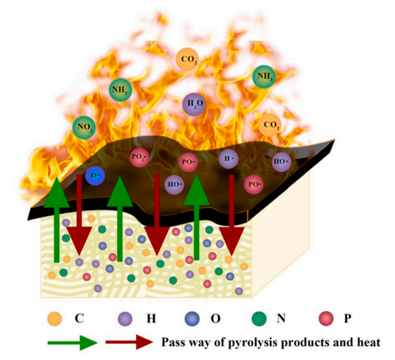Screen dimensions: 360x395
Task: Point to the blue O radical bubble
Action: (x=95, y=175)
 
